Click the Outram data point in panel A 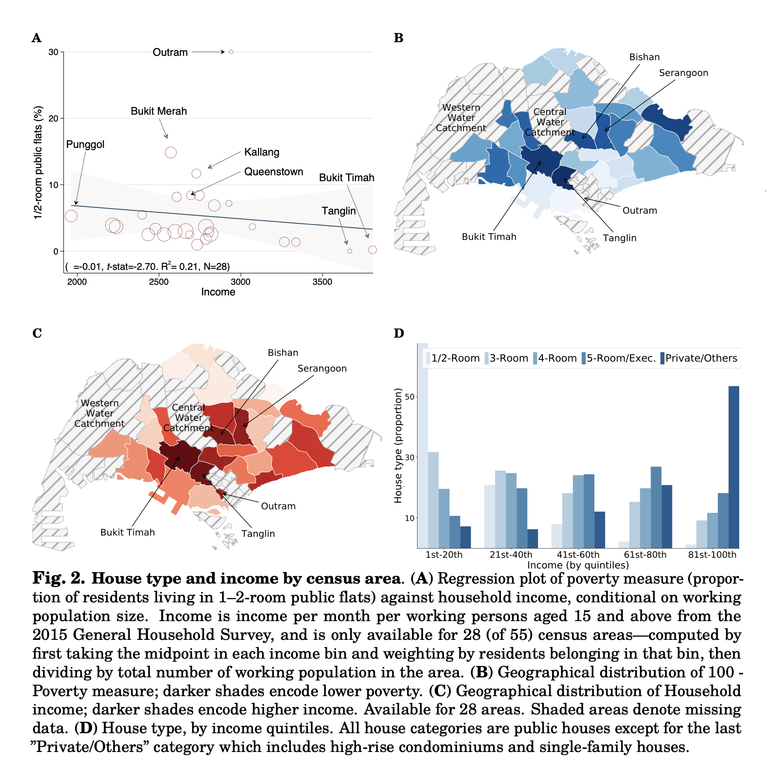[231, 52]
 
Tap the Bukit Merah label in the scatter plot [158, 111]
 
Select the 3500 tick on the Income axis [322, 282]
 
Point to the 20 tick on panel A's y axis [53, 119]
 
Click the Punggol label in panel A [85, 145]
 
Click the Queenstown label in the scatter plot [274, 172]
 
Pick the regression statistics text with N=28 [147, 267]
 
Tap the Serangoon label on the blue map [683, 73]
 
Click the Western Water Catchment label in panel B [461, 118]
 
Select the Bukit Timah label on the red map [127, 532]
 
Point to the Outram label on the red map [278, 506]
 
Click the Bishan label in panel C [283, 353]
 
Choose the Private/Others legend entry [700, 358]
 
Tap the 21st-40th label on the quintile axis [511, 555]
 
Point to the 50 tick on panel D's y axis [409, 397]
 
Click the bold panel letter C [37, 333]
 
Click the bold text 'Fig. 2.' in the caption [59, 578]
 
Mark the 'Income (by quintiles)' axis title [578, 565]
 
